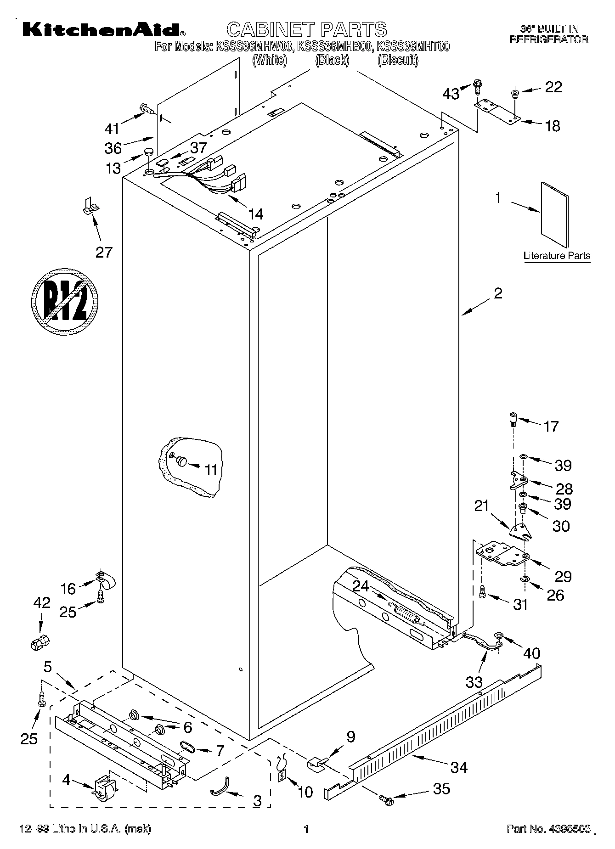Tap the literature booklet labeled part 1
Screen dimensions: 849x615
554,214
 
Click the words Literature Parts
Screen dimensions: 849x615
557,256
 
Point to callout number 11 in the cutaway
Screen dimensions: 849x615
210,470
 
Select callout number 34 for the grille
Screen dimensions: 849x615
459,767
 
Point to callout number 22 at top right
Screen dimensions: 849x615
553,87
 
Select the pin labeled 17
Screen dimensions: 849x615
513,419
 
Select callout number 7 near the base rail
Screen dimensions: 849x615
220,751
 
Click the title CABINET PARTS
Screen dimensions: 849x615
307,29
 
